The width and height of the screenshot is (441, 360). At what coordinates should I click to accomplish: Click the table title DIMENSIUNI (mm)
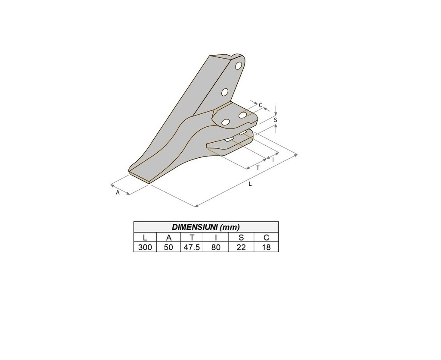(205, 227)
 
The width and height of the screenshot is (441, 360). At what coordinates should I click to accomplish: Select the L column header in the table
(145, 238)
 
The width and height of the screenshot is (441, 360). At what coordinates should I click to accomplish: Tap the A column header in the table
(168, 238)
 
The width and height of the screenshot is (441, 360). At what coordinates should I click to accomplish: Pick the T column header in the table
(192, 238)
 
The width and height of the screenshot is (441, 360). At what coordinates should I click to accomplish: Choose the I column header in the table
(216, 238)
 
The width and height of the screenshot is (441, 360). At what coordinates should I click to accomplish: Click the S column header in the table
(241, 238)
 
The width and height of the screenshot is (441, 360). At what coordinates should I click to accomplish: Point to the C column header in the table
(266, 238)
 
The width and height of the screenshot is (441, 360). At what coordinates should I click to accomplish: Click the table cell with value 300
(145, 247)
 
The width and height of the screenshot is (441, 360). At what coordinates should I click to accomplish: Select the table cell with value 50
(168, 247)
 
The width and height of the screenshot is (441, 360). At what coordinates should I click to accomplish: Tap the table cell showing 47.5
(192, 247)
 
